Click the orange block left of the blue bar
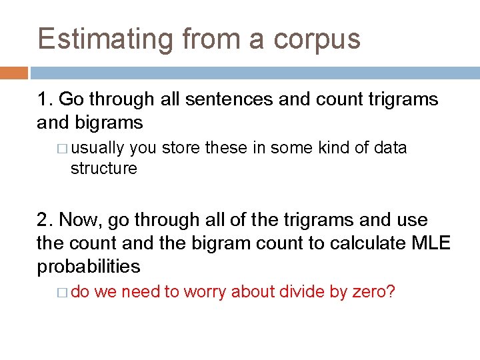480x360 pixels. (14, 73)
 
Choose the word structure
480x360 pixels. (103, 168)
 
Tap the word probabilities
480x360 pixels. (89, 267)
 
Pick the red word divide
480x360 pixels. (304, 291)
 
